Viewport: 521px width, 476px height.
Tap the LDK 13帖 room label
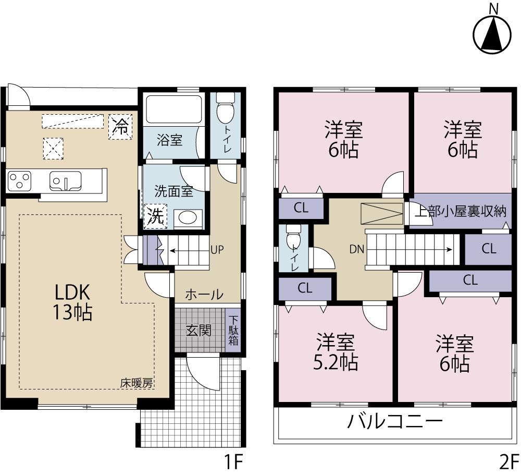(x=71, y=302)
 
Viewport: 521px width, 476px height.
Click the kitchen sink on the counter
(x=65, y=181)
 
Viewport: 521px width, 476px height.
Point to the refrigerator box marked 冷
(x=121, y=127)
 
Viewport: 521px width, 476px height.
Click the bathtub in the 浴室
(x=173, y=109)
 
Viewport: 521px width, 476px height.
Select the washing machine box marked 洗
(x=156, y=215)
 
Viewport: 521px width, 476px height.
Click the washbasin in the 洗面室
(x=186, y=218)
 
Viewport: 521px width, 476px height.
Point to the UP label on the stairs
(x=217, y=250)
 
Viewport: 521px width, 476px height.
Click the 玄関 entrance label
(x=199, y=330)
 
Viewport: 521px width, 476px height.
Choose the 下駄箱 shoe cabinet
(x=233, y=331)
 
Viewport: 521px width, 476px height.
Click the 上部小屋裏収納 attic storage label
(x=460, y=211)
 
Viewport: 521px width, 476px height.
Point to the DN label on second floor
(x=356, y=249)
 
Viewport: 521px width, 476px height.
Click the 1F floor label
(x=233, y=461)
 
